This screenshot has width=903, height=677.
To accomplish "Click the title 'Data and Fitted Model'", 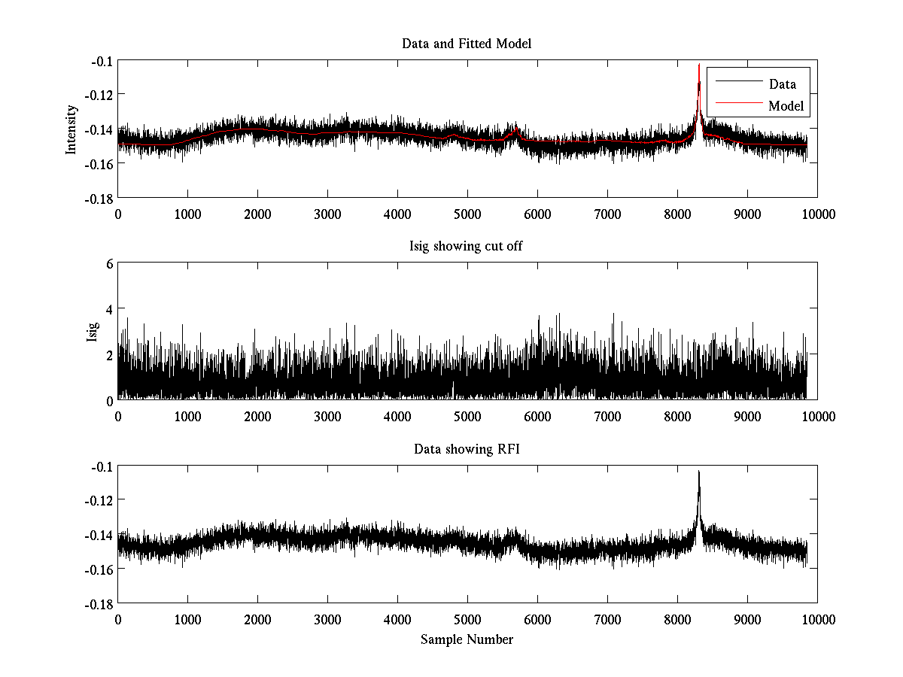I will pyautogui.click(x=467, y=44).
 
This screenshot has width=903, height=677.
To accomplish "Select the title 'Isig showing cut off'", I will pyautogui.click(x=467, y=247).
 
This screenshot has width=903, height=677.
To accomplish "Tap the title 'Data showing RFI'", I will pyautogui.click(x=467, y=449).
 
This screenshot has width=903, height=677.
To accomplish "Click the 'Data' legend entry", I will pyautogui.click(x=782, y=83).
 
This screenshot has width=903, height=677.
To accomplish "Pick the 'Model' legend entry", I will pyautogui.click(x=786, y=106).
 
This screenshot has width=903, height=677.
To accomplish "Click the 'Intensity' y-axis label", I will pyautogui.click(x=71, y=129).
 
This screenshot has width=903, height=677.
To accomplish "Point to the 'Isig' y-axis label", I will pyautogui.click(x=92, y=332).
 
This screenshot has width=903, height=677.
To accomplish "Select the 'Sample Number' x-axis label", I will pyautogui.click(x=467, y=639).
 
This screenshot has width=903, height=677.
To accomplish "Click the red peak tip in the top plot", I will pyautogui.click(x=699, y=65).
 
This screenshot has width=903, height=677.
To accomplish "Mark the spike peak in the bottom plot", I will pyautogui.click(x=699, y=472).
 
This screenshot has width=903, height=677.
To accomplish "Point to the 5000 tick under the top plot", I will pyautogui.click(x=467, y=214).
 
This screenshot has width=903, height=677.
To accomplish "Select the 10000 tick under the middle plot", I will pyautogui.click(x=817, y=416).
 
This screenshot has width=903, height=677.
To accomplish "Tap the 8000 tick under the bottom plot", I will pyautogui.click(x=677, y=619).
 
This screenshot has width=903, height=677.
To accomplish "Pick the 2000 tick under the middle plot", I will pyautogui.click(x=257, y=416).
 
